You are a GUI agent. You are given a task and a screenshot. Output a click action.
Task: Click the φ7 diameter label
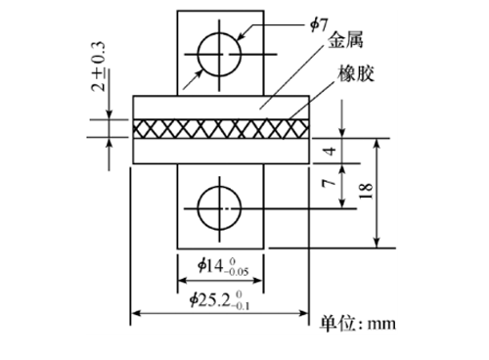tap(318, 25)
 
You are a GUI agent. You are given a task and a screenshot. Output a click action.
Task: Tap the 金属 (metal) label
tap(345, 40)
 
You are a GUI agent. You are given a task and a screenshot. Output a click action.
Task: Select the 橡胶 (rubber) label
tap(356, 73)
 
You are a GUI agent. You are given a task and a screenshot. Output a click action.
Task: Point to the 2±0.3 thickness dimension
tap(99, 67)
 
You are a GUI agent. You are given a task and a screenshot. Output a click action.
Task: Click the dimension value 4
tap(331, 151)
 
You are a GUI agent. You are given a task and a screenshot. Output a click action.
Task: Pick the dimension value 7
tap(329, 183)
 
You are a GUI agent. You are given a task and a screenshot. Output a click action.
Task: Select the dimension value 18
tap(366, 191)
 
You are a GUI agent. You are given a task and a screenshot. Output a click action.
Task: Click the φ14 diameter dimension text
tap(223, 266)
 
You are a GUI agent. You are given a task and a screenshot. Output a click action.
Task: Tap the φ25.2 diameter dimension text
tap(220, 300)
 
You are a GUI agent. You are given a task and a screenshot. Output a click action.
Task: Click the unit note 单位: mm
tap(357, 324)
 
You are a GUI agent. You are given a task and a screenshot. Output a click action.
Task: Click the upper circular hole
tap(219, 54)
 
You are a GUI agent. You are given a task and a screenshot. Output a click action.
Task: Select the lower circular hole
tap(219, 208)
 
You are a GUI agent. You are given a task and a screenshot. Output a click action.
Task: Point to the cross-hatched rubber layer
tap(221, 129)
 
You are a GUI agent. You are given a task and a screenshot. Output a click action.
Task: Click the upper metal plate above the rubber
tap(221, 108)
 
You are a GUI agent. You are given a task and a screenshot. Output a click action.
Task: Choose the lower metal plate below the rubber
tap(221, 151)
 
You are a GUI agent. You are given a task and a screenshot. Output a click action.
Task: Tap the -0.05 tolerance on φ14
tap(237, 272)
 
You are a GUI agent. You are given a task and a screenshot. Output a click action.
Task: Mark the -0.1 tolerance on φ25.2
tap(241, 306)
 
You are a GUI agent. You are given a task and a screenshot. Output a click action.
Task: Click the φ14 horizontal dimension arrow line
tap(221, 280)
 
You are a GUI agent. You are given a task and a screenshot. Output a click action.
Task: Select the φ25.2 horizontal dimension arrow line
tap(220, 314)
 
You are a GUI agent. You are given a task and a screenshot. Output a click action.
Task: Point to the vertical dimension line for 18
tap(377, 193)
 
